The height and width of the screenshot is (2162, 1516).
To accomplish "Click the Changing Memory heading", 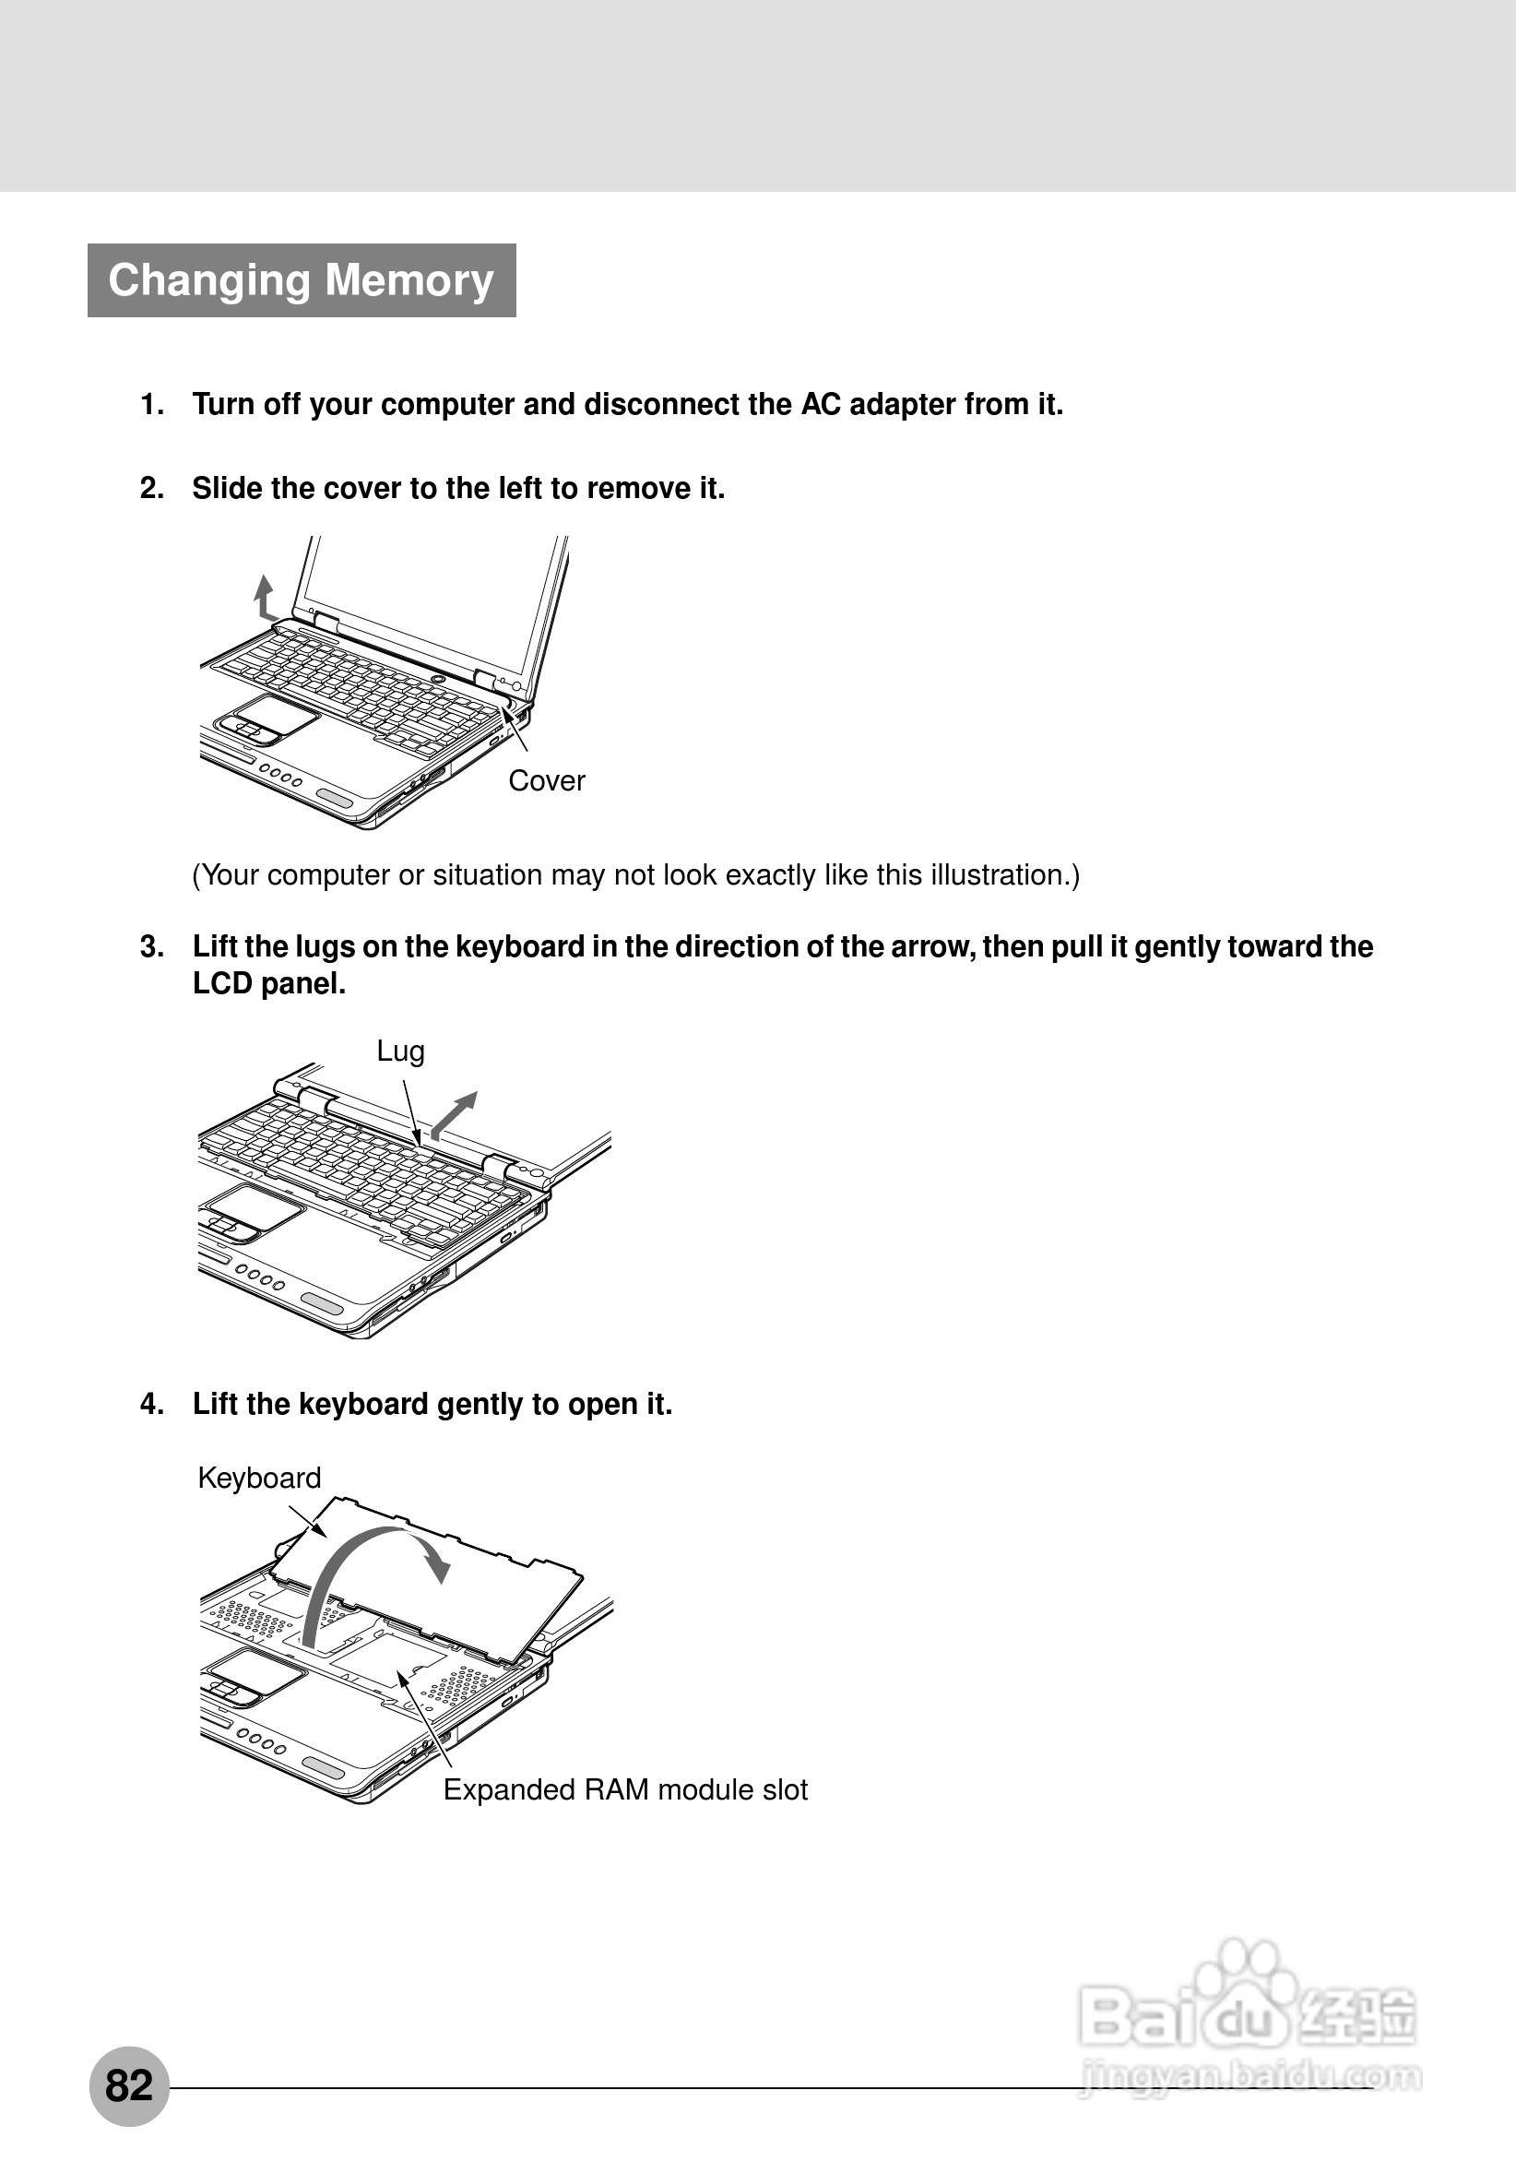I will (302, 280).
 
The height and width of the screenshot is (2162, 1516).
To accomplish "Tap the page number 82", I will (129, 2085).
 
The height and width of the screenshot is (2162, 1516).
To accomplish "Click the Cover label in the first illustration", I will (546, 780).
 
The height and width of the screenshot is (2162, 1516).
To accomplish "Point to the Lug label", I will (400, 1051).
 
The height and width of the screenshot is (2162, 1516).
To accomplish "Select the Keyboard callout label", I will (259, 1478).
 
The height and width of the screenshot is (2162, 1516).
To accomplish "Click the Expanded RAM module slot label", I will (625, 1789).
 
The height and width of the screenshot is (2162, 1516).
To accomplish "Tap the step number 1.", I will (151, 405).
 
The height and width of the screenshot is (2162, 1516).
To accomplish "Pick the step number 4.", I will (151, 1404).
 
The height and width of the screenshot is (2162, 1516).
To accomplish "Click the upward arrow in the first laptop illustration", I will (265, 597).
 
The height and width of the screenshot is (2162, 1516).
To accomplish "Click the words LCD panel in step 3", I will (269, 984).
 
